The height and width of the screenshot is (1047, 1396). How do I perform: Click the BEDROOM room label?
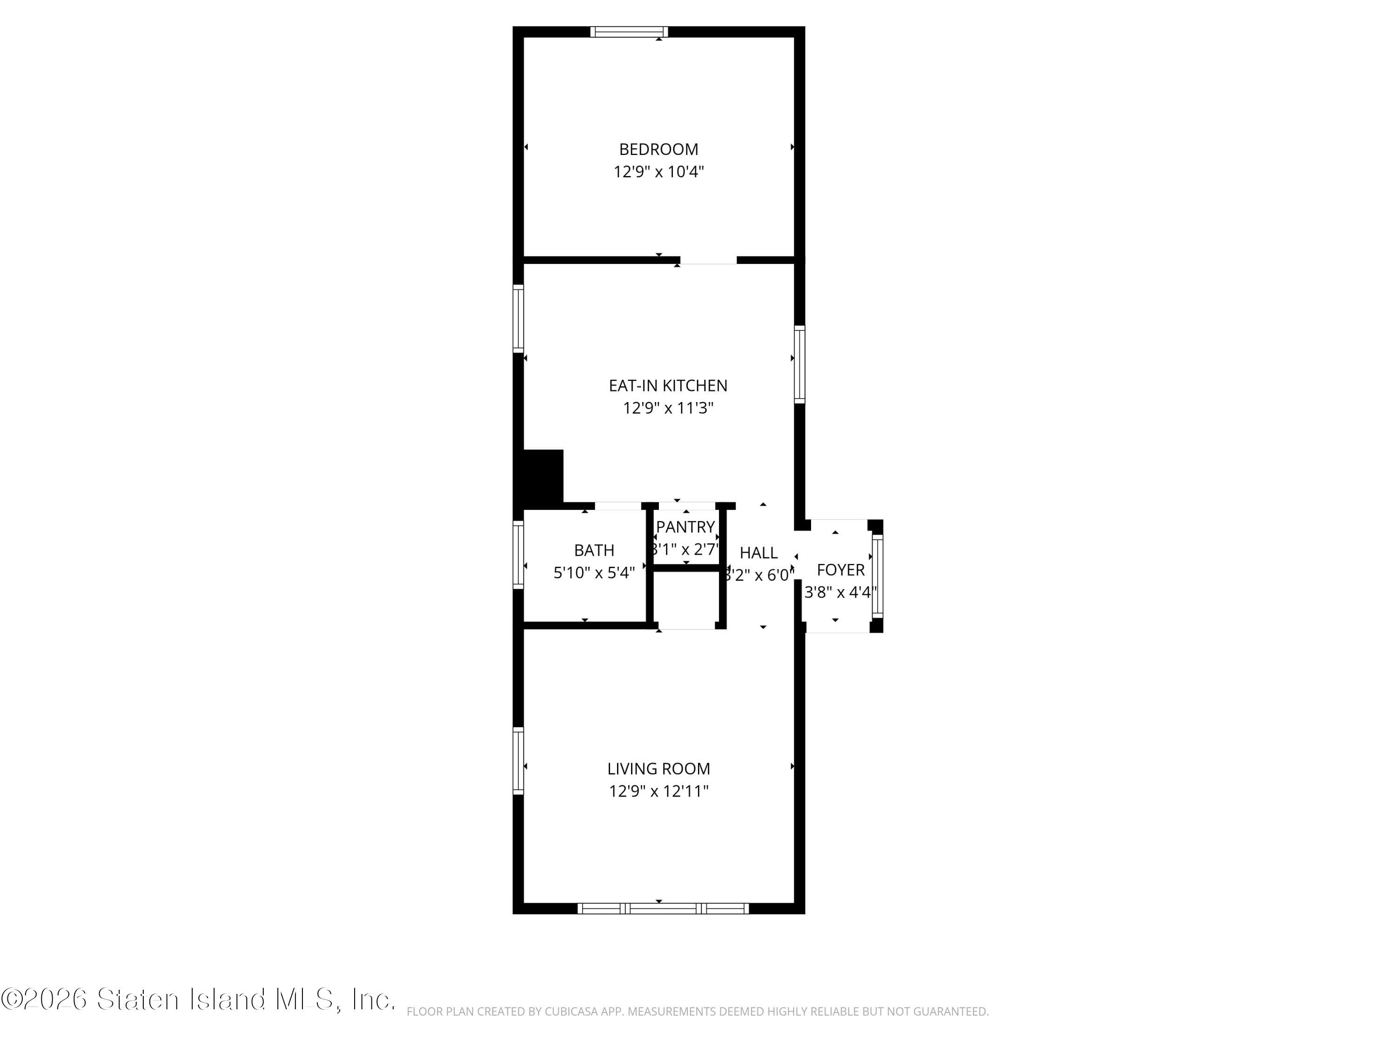(658, 149)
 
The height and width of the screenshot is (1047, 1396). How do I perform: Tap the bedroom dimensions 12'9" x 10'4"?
(658, 172)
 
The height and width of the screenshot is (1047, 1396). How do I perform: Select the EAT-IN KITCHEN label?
(668, 386)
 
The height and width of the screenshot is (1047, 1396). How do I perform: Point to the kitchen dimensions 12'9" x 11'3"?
(668, 408)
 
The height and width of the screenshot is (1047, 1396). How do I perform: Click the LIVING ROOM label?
(658, 769)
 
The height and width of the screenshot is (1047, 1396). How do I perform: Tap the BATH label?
(594, 550)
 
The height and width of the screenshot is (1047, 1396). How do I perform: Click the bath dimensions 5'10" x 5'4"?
(594, 573)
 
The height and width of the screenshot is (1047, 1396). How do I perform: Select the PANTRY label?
(685, 527)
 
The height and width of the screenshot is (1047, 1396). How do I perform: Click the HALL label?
(758, 553)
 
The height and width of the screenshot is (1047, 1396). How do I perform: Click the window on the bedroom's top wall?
(629, 32)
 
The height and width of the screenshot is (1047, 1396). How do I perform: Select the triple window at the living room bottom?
(663, 909)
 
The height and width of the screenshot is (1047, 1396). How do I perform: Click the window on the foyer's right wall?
(877, 575)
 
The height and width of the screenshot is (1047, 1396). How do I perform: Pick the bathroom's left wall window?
(518, 555)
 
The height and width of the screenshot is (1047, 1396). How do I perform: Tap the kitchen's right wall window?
(799, 364)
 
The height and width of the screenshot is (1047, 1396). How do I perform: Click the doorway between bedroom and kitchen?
(708, 260)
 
